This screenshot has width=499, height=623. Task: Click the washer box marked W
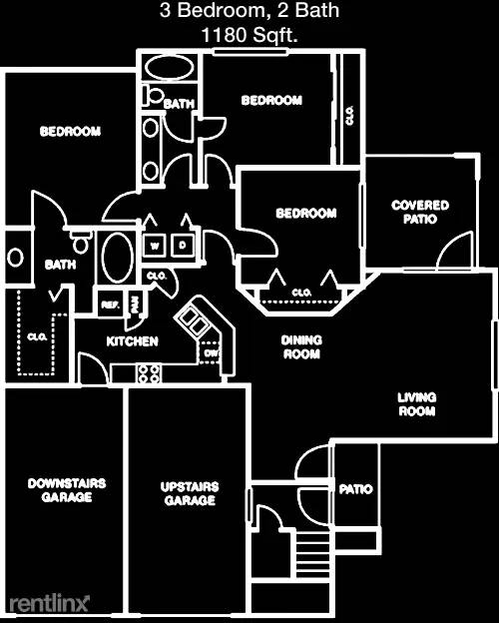coord(154,246)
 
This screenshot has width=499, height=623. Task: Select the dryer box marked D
coord(183,246)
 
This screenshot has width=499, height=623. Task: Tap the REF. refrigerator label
coord(111,306)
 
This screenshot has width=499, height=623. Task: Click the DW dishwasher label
coord(211,352)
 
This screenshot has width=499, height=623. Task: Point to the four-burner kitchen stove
coord(149,373)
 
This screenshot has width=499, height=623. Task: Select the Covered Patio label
coord(420,212)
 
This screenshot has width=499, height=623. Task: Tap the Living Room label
coord(417,404)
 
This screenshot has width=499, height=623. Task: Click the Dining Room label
coord(301,346)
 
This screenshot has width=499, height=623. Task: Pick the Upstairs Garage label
coord(190,493)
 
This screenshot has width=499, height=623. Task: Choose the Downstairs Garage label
coord(67,490)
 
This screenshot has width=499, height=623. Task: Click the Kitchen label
coord(133,341)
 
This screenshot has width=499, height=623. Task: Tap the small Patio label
coord(355,488)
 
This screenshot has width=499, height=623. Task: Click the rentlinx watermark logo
coord(49,603)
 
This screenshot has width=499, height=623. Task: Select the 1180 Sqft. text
coord(249,35)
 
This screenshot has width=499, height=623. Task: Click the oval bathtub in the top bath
coord(170,68)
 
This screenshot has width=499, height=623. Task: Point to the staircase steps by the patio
coord(313,555)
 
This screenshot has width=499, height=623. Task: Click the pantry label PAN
coord(135,305)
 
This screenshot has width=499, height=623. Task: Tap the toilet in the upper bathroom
coord(154,96)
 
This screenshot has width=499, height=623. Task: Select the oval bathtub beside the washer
coord(118,258)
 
